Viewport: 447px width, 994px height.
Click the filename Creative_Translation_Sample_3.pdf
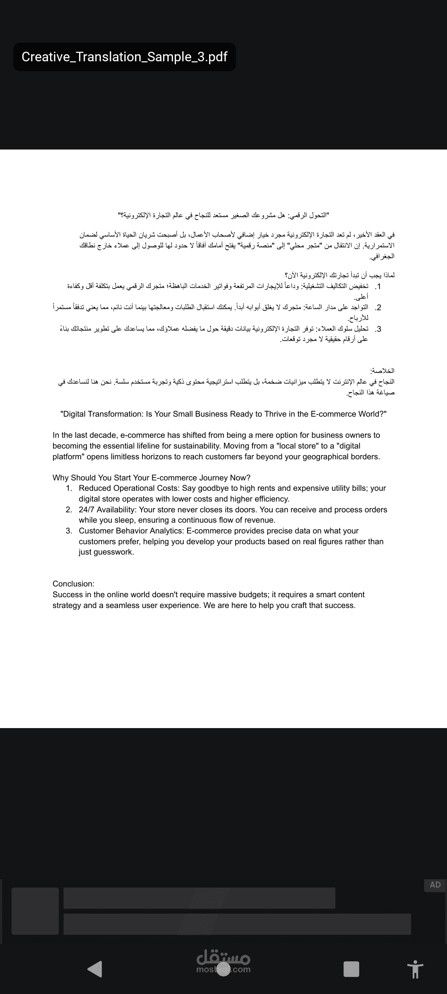[x=124, y=57]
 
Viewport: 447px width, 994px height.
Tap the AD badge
[x=435, y=885]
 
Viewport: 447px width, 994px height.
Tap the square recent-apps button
[x=351, y=969]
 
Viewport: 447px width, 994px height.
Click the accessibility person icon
[x=415, y=969]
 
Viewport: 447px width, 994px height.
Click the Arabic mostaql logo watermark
[x=223, y=958]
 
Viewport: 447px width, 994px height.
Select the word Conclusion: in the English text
[x=73, y=584]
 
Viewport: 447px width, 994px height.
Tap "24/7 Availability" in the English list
[x=107, y=509]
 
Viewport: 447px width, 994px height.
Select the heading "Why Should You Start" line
[x=151, y=478]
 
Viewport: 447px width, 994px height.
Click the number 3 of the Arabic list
[x=378, y=329]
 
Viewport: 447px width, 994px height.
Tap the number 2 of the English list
[x=69, y=509]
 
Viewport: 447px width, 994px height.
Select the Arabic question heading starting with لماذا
[x=339, y=275]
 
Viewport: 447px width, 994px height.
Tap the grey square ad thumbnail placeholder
[x=35, y=911]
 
